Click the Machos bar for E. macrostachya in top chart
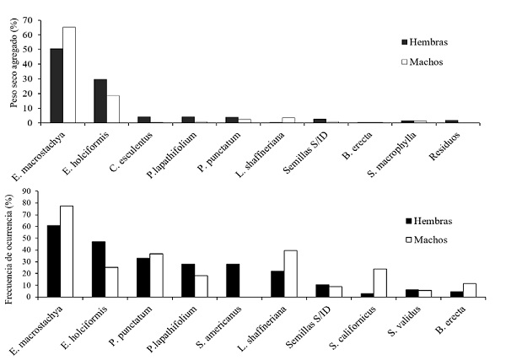(69, 75)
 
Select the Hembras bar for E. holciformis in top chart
(100, 101)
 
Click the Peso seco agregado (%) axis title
(13, 71)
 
